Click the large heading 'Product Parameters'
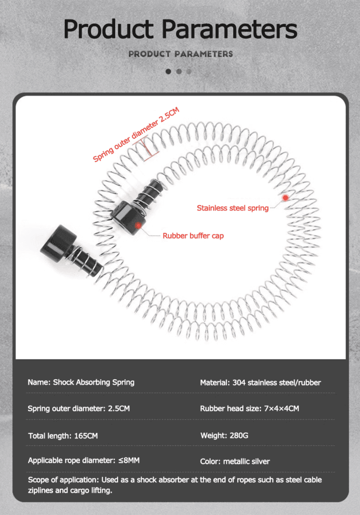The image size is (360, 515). (x=180, y=30)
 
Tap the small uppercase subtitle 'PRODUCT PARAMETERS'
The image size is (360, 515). (x=181, y=54)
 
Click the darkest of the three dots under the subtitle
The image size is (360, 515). (x=168, y=71)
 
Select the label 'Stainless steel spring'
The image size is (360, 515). (x=232, y=208)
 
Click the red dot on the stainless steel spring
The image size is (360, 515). (x=286, y=198)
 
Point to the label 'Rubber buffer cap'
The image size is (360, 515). (x=193, y=235)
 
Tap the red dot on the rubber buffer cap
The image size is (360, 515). (x=138, y=224)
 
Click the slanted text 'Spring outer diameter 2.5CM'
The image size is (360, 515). (x=136, y=135)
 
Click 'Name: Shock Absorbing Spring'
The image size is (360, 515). (x=81, y=382)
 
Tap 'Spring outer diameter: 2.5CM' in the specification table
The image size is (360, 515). (x=78, y=408)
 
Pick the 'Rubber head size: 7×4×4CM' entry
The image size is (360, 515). (x=249, y=408)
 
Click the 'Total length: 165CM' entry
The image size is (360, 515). (x=63, y=436)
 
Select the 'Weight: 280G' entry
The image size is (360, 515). (x=224, y=435)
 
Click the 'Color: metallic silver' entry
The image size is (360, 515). (x=235, y=461)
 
